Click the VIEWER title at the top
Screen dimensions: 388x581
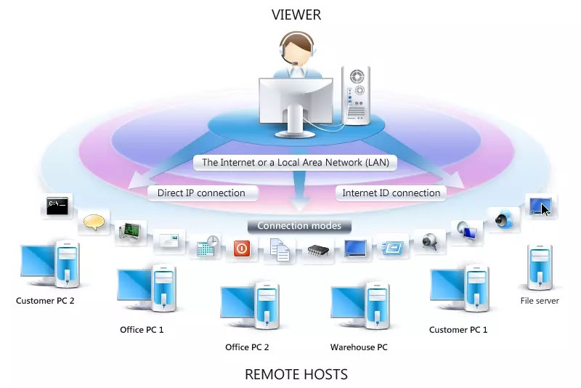click(x=296, y=15)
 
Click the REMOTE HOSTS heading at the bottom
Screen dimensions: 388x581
click(x=296, y=375)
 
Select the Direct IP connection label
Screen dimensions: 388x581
click(x=201, y=193)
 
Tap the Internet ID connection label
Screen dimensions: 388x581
click(x=391, y=193)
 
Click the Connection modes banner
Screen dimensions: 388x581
click(x=298, y=226)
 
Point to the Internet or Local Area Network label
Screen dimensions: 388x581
click(x=295, y=163)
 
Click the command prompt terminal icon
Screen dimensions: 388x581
click(x=57, y=206)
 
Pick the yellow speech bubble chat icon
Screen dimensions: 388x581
click(x=94, y=222)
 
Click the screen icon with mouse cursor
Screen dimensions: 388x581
click(x=540, y=206)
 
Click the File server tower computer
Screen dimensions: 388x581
click(x=539, y=268)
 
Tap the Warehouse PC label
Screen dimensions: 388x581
click(x=359, y=347)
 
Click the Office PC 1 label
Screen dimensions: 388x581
click(x=142, y=330)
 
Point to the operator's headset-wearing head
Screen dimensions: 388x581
click(x=297, y=49)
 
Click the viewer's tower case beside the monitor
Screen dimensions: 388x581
click(x=356, y=95)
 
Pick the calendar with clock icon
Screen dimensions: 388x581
click(x=207, y=246)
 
